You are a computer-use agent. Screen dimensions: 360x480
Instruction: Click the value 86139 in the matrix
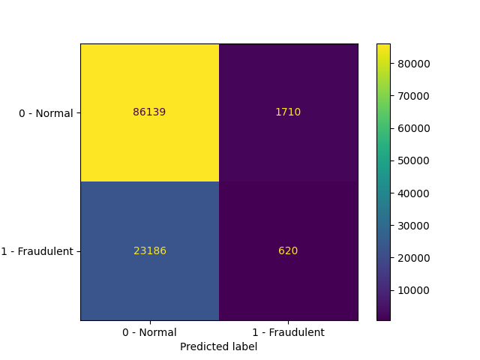point(149,112)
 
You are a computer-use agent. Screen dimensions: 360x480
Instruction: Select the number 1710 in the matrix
point(288,112)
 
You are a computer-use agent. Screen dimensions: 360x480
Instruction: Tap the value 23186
point(149,251)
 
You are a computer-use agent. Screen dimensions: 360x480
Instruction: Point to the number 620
point(288,251)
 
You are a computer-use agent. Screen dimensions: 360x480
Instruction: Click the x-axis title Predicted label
point(218,346)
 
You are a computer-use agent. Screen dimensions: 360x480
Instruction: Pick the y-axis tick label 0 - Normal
point(46,113)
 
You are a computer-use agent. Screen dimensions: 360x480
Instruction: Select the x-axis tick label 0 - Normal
point(149,332)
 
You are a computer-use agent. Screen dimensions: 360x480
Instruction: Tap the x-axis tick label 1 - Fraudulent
point(288,332)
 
